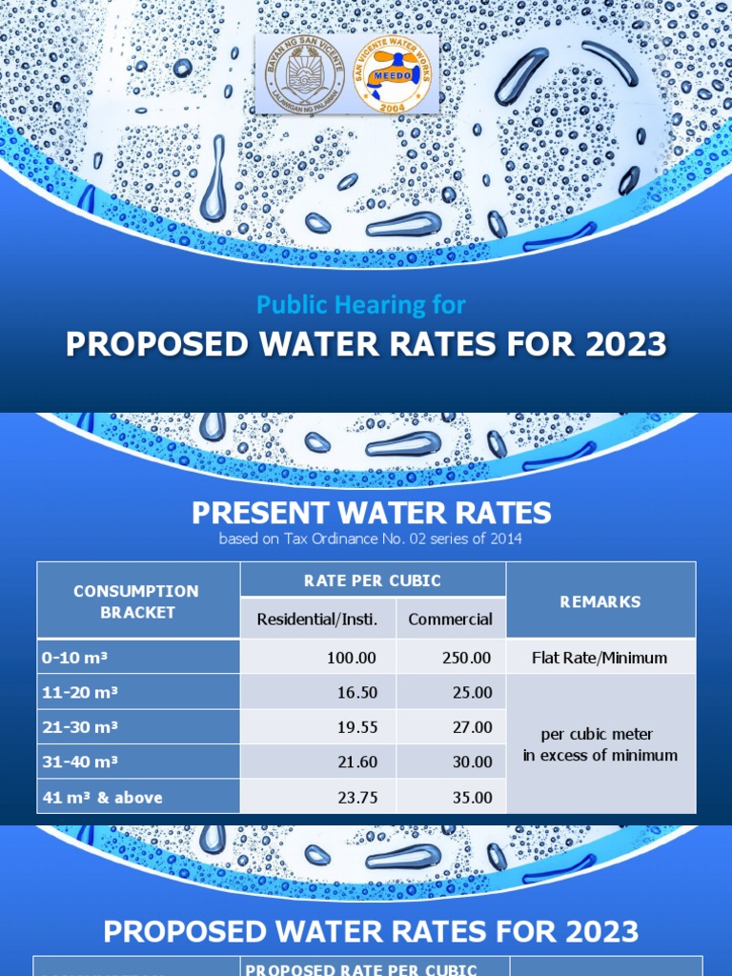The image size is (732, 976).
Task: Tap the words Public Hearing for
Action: point(361,305)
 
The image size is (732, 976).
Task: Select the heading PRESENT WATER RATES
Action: point(372,513)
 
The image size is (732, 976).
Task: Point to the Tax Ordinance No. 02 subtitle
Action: point(371,539)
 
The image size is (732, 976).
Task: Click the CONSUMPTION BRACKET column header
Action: point(138,601)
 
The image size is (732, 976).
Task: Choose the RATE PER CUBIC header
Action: point(372,580)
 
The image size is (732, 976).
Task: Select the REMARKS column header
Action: point(600,601)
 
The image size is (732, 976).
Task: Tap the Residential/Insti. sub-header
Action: point(317,620)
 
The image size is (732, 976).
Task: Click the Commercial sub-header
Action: point(450,620)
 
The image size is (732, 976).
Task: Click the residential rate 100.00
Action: point(352,658)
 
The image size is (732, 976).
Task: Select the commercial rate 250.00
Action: point(467,658)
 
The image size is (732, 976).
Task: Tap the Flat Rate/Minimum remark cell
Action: point(600,658)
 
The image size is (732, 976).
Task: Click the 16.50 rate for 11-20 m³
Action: point(357,693)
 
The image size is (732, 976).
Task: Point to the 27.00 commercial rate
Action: point(472,727)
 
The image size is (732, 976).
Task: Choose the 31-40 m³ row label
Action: point(80,762)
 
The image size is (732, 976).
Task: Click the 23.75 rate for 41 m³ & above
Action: point(357,798)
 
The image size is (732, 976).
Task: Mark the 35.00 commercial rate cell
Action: point(472,798)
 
